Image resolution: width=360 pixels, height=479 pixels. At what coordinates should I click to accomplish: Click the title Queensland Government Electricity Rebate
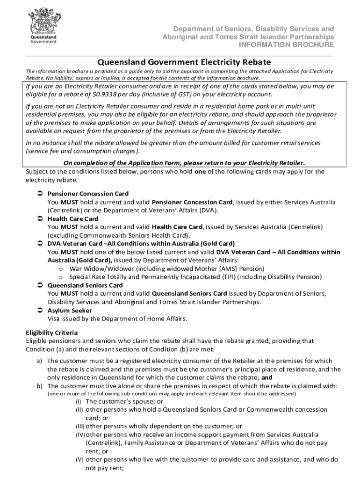(x=184, y=62)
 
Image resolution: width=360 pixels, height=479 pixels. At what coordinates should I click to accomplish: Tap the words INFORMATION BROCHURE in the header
(x=286, y=45)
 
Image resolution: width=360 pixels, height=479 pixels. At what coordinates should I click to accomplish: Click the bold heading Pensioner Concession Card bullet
(x=88, y=194)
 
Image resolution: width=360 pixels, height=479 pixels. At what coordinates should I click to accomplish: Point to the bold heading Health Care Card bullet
(x=73, y=219)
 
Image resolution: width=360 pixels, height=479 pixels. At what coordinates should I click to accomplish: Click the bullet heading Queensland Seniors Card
(x=85, y=285)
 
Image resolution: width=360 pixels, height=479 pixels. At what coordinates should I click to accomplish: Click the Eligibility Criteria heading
(x=51, y=333)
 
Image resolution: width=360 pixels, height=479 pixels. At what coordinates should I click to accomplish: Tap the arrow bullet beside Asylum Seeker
(x=40, y=311)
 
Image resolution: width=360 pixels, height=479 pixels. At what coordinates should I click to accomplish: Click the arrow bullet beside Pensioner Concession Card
(x=40, y=194)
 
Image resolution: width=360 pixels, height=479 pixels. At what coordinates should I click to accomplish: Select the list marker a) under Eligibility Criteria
(x=40, y=361)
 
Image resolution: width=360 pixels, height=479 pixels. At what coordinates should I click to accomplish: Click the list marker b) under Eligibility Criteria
(x=40, y=386)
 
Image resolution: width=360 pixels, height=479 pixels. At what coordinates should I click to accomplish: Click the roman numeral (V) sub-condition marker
(x=79, y=460)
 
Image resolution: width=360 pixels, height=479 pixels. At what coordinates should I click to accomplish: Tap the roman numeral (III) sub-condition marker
(x=79, y=427)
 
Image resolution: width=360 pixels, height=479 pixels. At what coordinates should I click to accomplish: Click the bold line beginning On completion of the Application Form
(x=184, y=163)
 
